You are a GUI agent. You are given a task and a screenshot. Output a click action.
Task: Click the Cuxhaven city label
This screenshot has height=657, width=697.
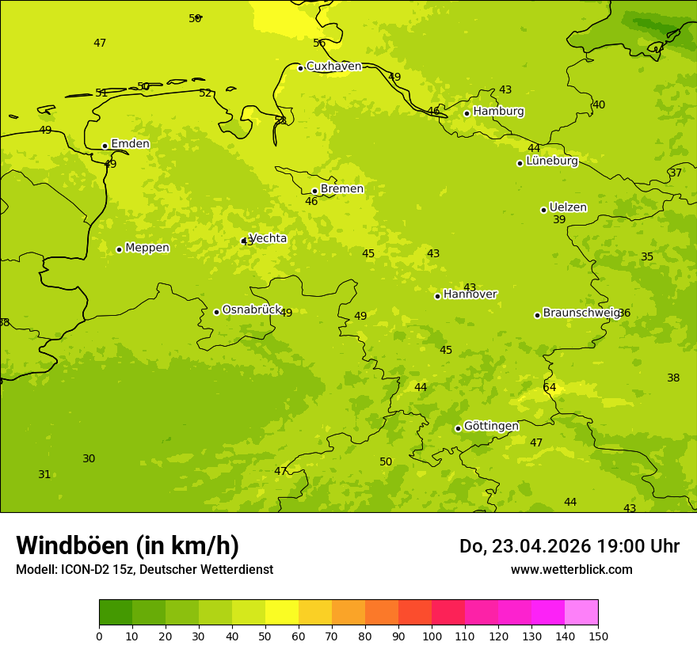333,66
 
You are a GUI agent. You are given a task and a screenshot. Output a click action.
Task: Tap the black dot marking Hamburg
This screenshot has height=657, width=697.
467,113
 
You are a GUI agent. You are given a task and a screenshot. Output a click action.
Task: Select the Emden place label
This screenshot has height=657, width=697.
130,144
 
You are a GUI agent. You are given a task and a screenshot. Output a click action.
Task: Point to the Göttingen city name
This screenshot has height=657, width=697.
491,426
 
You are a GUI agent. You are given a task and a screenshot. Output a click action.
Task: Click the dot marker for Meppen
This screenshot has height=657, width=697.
119,249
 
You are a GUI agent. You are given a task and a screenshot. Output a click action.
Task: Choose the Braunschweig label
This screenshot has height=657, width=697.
581,313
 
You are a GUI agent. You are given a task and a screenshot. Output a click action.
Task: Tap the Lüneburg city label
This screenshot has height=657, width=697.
551,161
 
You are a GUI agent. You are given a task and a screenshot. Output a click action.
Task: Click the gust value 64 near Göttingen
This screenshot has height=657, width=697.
550,387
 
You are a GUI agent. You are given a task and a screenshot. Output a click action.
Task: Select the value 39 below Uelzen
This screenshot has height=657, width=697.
559,220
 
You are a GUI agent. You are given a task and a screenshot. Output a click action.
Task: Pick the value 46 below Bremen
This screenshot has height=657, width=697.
311,202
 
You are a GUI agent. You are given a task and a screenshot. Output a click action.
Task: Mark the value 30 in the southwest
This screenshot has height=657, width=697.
89,459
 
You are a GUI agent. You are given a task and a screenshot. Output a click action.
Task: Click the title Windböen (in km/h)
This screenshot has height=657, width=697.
128,545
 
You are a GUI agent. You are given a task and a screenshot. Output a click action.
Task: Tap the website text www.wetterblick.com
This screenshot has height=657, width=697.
571,569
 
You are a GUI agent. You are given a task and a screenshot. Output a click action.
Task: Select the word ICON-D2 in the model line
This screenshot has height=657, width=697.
83,569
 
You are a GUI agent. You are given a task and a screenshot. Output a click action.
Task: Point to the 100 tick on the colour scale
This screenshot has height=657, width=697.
432,635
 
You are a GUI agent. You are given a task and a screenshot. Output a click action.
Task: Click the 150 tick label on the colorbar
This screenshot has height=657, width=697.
598,635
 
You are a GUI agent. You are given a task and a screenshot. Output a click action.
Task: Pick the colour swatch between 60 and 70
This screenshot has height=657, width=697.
315,612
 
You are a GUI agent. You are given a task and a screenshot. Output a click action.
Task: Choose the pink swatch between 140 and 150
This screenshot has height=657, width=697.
581,612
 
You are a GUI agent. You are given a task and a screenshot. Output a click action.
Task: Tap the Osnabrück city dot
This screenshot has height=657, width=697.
216,312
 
